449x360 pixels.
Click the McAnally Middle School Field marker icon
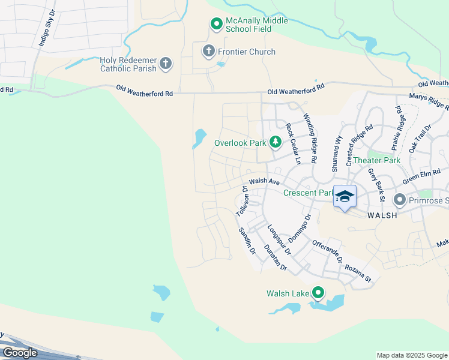point(216,24)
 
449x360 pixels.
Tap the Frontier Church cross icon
point(208,51)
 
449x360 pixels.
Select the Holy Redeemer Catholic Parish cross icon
point(166,63)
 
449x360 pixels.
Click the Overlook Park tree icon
point(275,142)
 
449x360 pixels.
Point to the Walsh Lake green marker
point(318,293)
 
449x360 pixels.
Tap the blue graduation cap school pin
point(345,197)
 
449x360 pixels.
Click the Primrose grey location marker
point(399,199)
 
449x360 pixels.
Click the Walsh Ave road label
point(265,181)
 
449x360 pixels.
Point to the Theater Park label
point(376,160)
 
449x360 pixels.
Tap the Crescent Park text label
point(307,193)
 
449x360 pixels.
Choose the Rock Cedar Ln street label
point(293,144)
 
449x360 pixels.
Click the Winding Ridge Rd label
point(309,139)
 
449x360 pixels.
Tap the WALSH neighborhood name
point(382,215)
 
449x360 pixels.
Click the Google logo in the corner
point(20,353)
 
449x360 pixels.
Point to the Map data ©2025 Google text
point(411,355)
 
